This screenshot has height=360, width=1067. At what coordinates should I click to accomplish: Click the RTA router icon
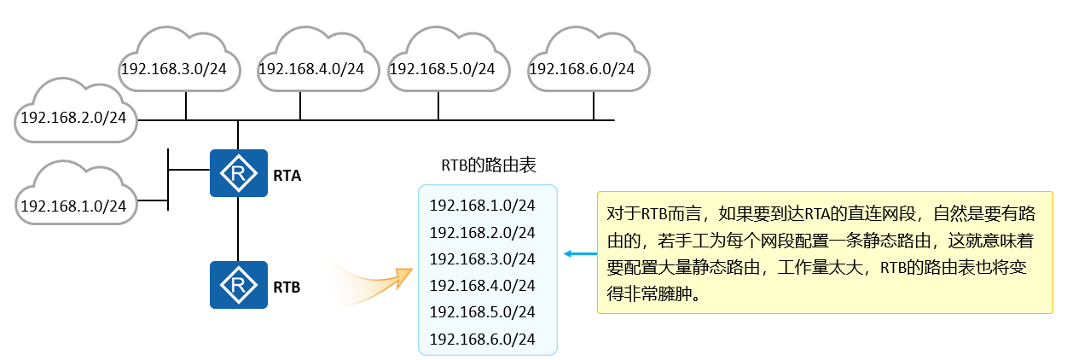[x=238, y=173]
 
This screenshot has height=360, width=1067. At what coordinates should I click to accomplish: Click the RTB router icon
[x=238, y=285]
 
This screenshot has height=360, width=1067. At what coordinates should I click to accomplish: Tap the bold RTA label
[x=287, y=176]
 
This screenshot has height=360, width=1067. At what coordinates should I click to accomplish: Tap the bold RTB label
[x=287, y=287]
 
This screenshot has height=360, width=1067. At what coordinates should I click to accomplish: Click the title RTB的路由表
[x=488, y=165]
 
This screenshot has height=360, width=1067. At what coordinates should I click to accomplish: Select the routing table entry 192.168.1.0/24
[x=482, y=205]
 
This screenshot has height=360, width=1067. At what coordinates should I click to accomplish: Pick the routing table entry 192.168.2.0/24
[x=482, y=232]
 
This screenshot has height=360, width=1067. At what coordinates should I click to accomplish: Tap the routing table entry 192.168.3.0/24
[x=482, y=258]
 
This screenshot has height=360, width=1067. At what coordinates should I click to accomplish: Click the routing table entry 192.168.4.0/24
[x=482, y=285]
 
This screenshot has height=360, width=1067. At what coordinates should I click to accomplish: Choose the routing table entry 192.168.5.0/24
[x=482, y=311]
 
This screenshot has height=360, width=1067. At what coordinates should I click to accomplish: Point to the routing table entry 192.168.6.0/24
[x=482, y=339]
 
